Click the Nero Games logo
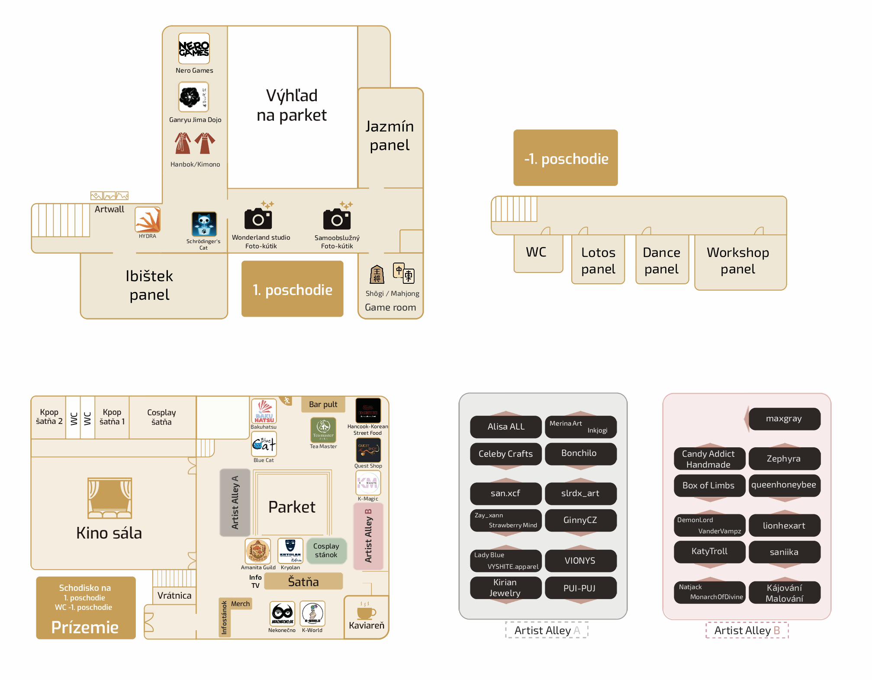click(194, 49)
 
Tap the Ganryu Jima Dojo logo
click(193, 97)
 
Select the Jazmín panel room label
click(389, 135)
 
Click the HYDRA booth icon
click(148, 219)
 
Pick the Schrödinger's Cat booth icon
click(204, 224)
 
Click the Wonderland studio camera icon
click(258, 218)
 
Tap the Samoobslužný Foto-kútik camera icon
click(337, 218)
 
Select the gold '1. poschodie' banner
click(292, 289)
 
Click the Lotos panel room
click(598, 260)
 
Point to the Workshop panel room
click(738, 260)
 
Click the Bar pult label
click(323, 404)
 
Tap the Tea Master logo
click(323, 430)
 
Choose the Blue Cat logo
click(264, 444)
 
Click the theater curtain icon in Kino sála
click(109, 498)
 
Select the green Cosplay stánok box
click(326, 551)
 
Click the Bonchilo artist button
click(579, 453)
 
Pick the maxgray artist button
click(784, 419)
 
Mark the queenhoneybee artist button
click(784, 485)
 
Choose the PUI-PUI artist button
click(579, 588)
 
